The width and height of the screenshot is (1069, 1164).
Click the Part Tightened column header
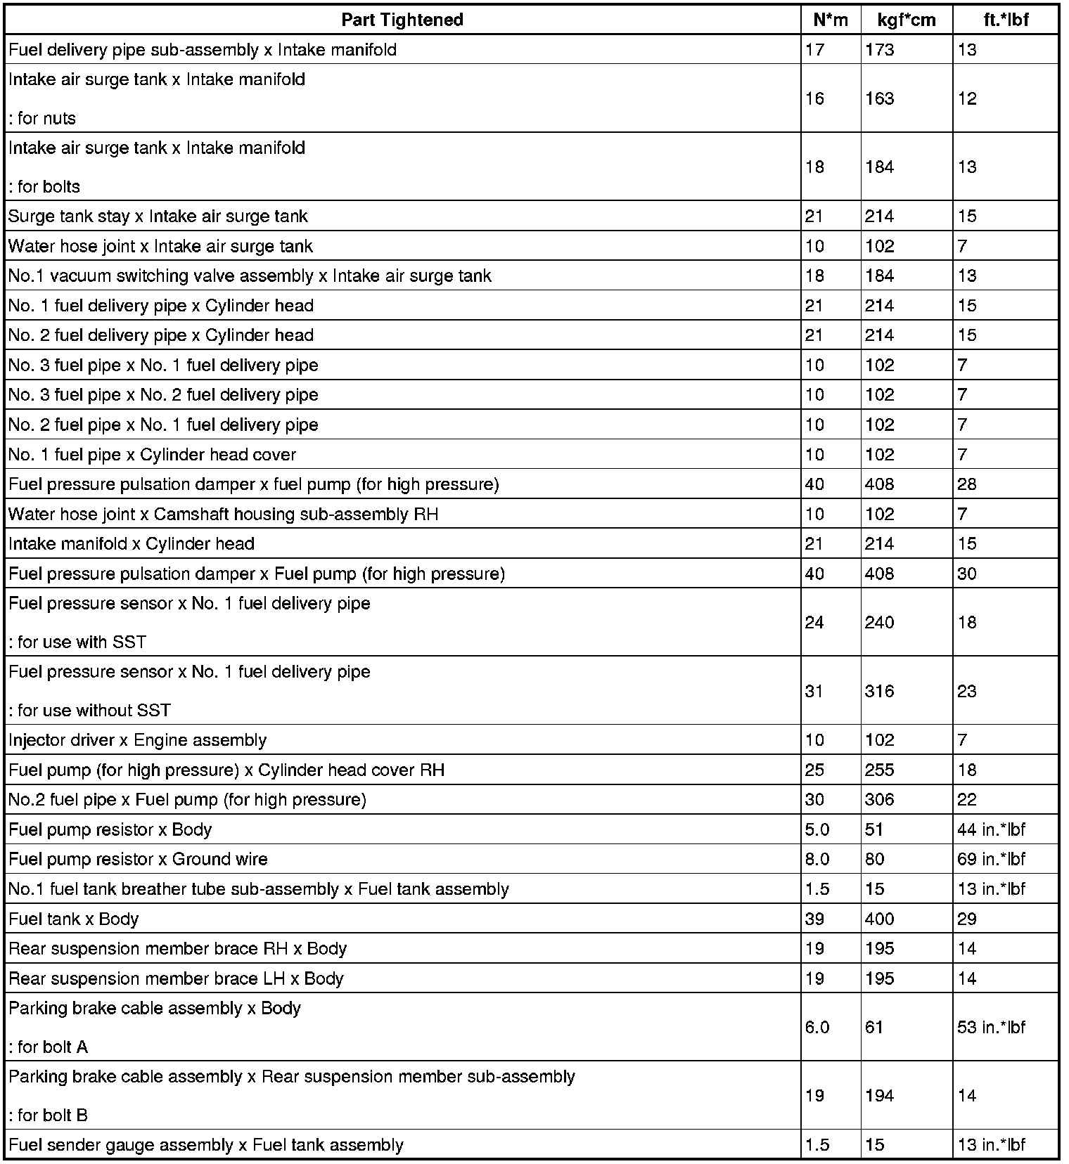point(402,20)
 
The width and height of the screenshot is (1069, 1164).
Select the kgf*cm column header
point(907,20)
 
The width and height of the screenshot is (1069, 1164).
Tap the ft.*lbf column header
point(1006,20)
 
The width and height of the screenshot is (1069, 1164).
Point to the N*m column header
point(831,20)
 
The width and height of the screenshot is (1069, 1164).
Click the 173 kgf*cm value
point(879,50)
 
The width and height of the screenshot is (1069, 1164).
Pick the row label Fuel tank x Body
point(74,919)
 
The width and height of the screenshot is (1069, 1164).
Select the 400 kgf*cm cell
point(879,919)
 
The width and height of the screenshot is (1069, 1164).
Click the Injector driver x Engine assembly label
point(138,740)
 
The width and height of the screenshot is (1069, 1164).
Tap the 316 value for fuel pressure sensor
point(879,691)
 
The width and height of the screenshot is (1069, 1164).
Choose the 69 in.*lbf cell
point(991,859)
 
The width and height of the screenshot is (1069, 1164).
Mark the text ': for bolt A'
point(49,1047)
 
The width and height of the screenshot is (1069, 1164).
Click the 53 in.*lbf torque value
point(991,1027)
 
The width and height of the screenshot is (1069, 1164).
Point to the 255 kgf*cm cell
point(879,770)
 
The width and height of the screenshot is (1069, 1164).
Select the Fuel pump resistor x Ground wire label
point(138,859)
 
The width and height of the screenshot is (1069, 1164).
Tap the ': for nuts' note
point(42,118)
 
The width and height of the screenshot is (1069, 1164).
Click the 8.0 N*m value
point(817,859)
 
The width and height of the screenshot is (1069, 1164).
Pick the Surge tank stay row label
point(158,216)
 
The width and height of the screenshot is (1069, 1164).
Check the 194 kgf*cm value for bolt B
point(879,1095)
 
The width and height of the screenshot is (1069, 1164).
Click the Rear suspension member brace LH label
point(176,978)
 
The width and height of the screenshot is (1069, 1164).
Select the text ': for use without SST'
point(90,710)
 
